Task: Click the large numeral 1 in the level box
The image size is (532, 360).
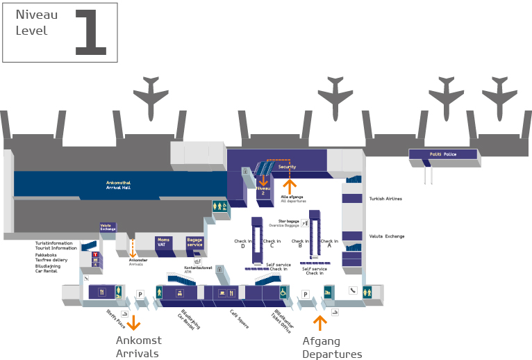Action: (91, 32)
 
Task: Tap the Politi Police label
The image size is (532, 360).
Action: (442, 154)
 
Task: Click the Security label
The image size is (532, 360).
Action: (287, 167)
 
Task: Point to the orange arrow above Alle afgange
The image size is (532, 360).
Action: (290, 186)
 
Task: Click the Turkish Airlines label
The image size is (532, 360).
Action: (385, 199)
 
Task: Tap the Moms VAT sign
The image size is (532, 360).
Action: (163, 242)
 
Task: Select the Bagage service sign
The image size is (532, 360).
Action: (194, 242)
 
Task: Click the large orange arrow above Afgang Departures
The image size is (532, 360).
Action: (319, 322)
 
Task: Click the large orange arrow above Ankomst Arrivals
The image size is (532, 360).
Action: (133, 322)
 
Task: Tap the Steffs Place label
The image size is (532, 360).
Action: (116, 320)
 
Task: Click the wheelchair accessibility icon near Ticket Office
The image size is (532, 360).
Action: (283, 292)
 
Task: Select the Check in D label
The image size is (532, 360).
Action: (242, 243)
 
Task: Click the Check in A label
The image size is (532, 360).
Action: (329, 243)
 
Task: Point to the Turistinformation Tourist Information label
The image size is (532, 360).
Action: (56, 245)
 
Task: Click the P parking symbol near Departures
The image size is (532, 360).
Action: (305, 295)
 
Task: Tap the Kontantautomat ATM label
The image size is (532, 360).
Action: (198, 269)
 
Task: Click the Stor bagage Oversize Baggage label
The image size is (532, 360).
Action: (290, 223)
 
